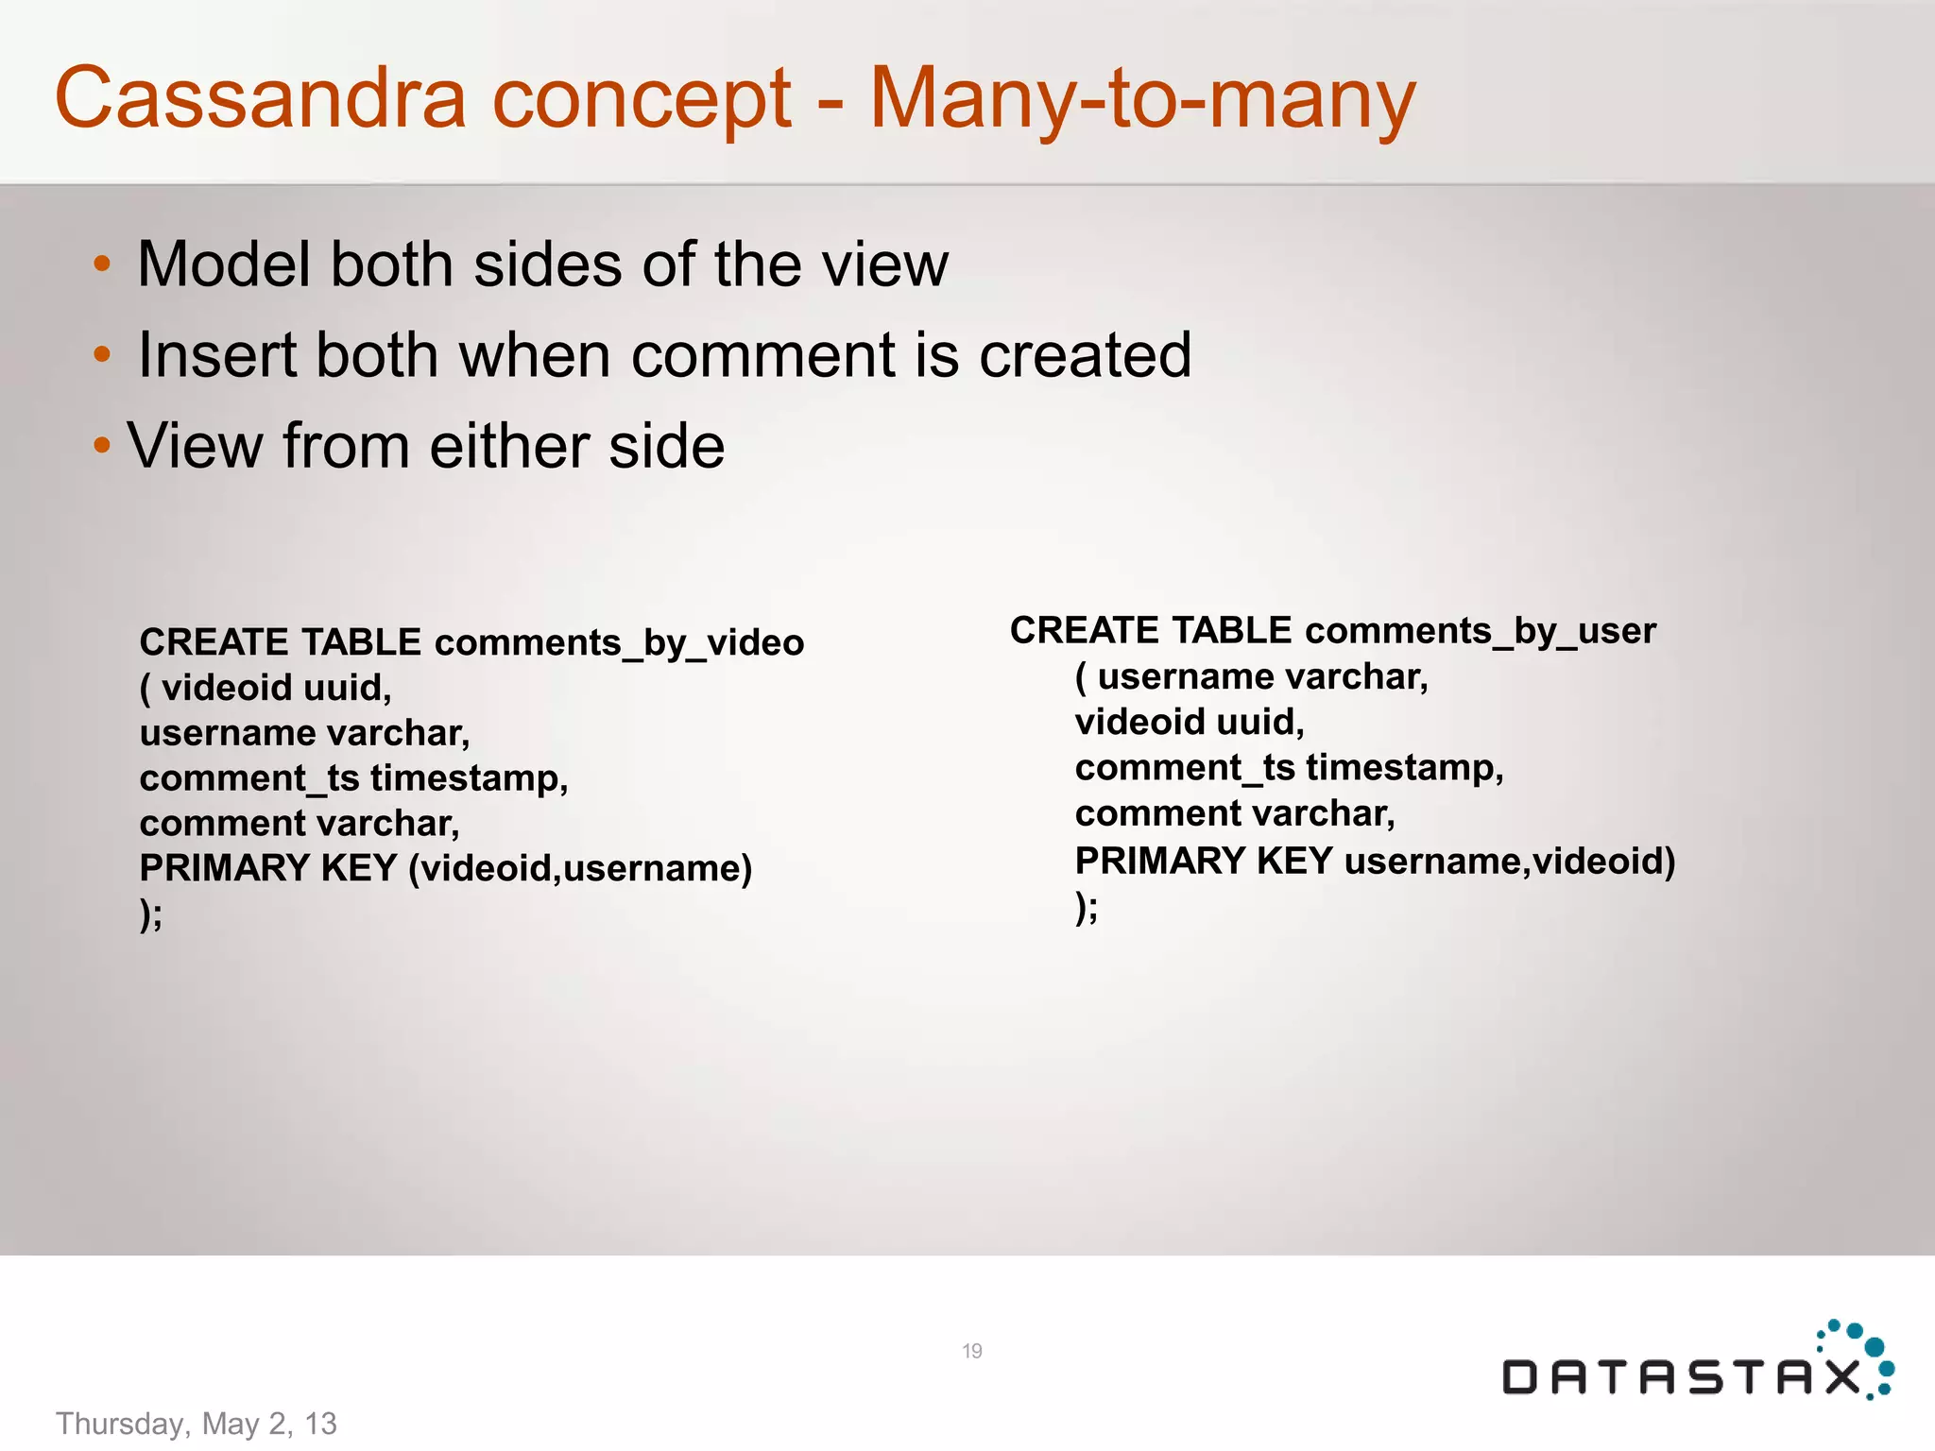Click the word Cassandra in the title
coord(261,98)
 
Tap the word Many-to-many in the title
coord(1142,100)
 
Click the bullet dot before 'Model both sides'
coord(102,264)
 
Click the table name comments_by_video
coord(619,643)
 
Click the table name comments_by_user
coord(1481,631)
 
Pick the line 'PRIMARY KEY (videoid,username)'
coord(446,868)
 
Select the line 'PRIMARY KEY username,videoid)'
coord(1375,861)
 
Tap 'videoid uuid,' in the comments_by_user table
coord(1190,722)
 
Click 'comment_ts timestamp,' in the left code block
coord(353,778)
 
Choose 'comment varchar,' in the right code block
coord(1235,813)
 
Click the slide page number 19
coord(972,1351)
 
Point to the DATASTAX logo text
coord(1682,1377)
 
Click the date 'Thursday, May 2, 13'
coord(197,1424)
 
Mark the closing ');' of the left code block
coord(151,914)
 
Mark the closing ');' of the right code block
coord(1087,908)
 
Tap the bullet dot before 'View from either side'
coord(102,445)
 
